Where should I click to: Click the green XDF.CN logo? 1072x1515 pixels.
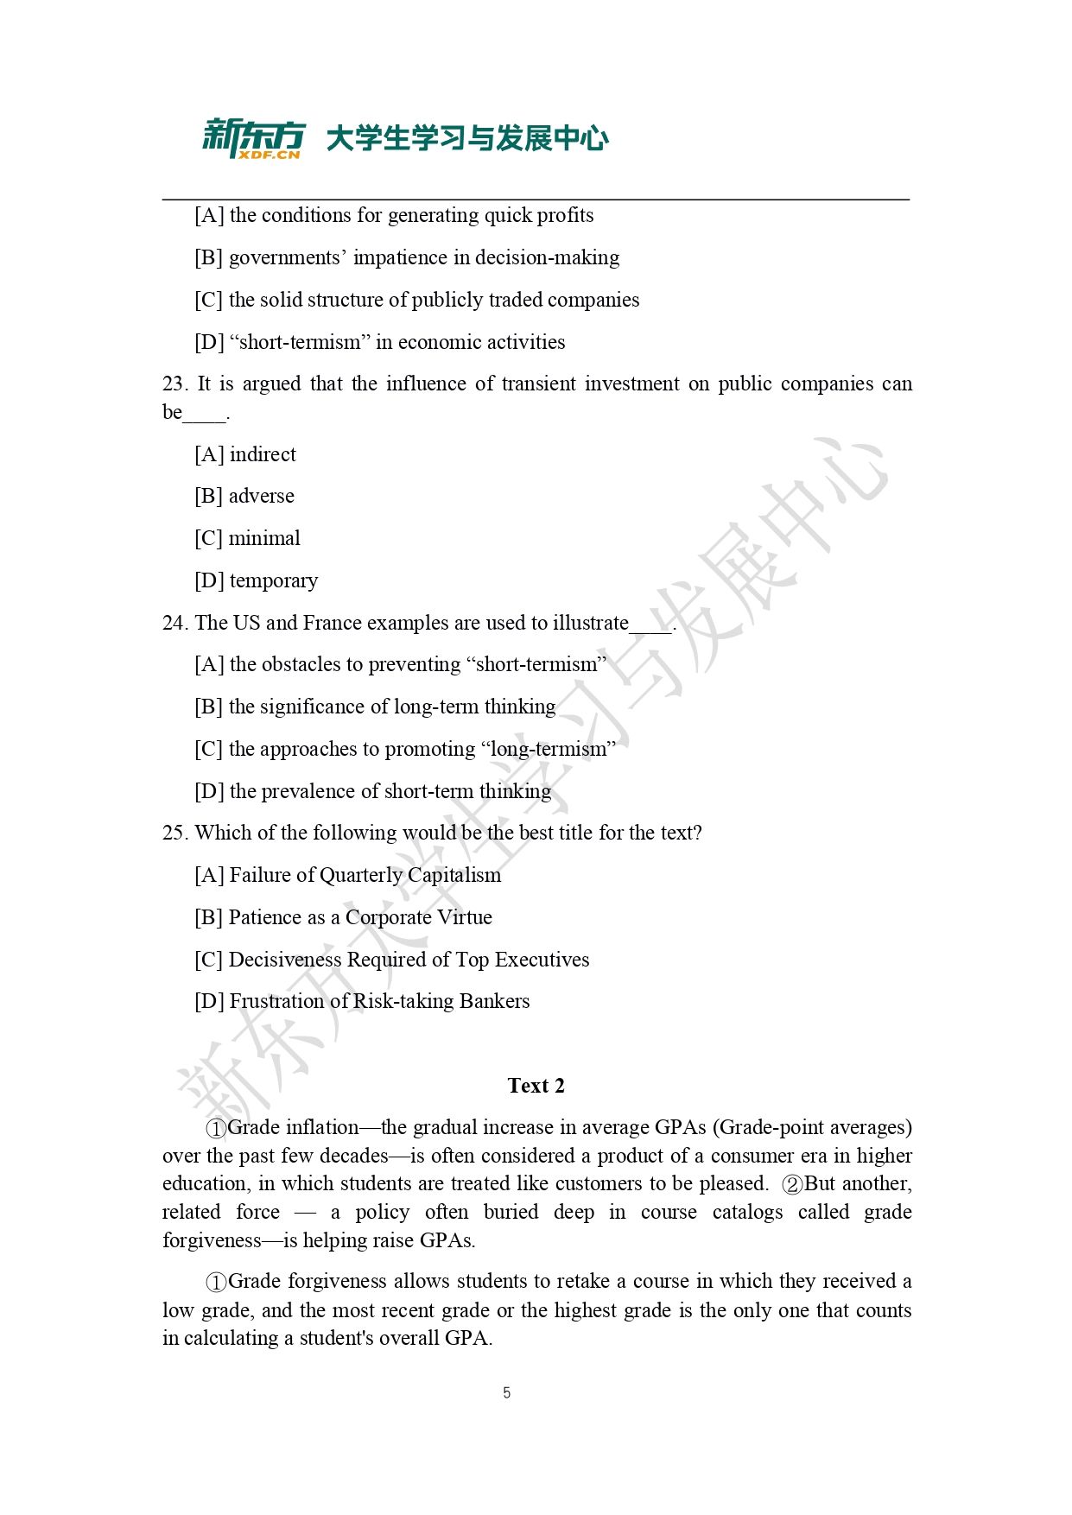(x=253, y=138)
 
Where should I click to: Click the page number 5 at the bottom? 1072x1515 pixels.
(x=507, y=1392)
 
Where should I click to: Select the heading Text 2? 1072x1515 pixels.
(x=536, y=1086)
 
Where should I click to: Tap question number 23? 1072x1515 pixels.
(x=174, y=384)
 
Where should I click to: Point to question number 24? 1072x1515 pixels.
(x=174, y=623)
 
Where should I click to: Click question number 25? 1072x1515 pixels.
(x=174, y=833)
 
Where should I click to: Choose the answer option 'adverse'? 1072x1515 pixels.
(x=261, y=496)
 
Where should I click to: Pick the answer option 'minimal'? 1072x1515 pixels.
(x=264, y=538)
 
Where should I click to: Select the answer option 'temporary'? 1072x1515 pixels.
(x=273, y=580)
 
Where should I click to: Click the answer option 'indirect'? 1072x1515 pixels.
(x=263, y=454)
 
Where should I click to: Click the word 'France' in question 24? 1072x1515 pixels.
(x=333, y=623)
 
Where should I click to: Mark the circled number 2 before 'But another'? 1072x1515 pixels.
(x=792, y=1184)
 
